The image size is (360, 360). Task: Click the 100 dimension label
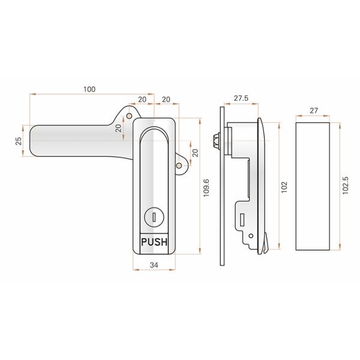(x=89, y=89)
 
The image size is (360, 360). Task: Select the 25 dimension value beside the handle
(x=18, y=140)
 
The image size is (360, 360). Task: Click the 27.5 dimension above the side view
(x=241, y=98)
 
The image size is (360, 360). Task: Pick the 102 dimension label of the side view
(x=284, y=188)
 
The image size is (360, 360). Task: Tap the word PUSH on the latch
(x=154, y=243)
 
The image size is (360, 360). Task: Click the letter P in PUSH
(x=143, y=243)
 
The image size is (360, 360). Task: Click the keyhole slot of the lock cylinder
(x=154, y=218)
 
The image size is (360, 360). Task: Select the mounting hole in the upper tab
(x=128, y=117)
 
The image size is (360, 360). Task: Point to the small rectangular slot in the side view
(x=242, y=219)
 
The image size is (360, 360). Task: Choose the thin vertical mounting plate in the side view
(x=223, y=186)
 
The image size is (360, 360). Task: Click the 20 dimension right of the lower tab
(x=194, y=152)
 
